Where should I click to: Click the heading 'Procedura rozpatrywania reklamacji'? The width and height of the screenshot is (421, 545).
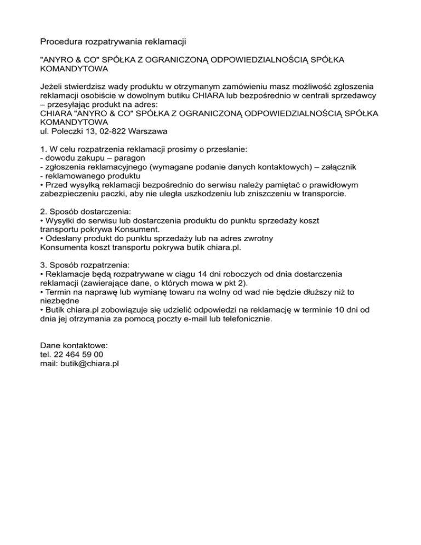[113, 42]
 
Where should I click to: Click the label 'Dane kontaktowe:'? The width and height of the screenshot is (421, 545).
[75, 345]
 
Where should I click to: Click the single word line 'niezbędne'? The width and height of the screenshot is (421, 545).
[60, 300]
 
